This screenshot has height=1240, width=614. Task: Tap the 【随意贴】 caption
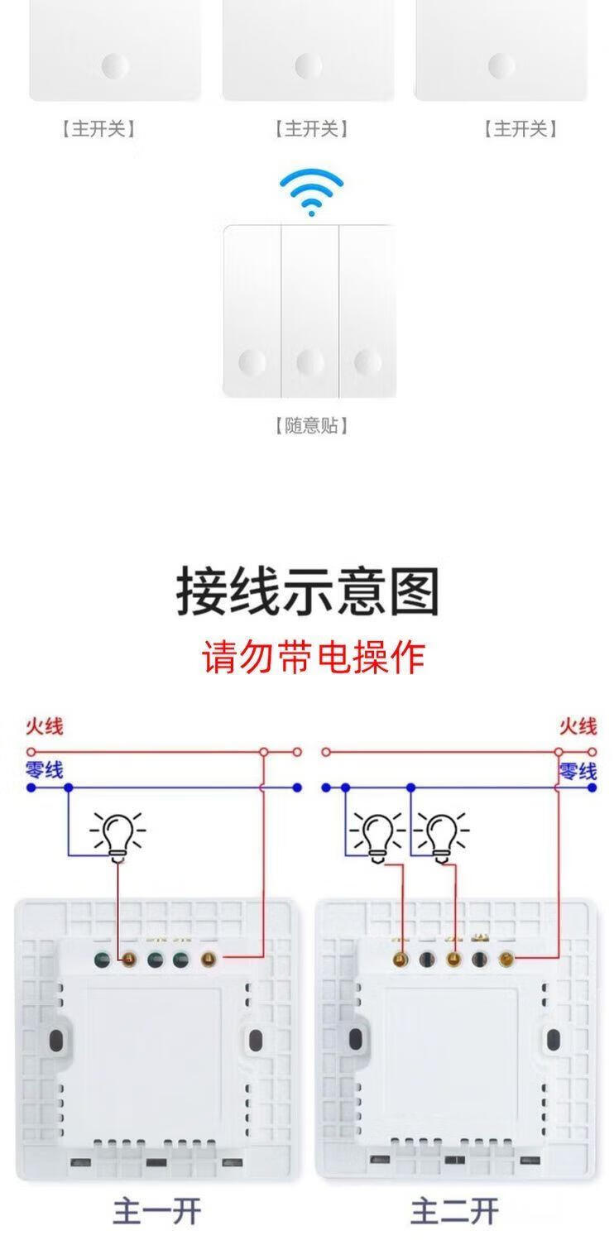[310, 425]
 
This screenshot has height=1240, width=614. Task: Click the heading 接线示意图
[307, 591]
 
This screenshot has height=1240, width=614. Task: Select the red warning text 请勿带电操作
[314, 657]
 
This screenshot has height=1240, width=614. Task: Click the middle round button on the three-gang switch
[309, 361]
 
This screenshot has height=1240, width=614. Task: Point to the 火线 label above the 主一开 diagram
[44, 726]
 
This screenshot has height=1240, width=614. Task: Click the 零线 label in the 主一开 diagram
[44, 769]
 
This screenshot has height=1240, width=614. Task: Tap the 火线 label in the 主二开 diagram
[577, 726]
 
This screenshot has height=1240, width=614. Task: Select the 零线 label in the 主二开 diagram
[577, 771]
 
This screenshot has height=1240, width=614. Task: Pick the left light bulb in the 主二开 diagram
[377, 834]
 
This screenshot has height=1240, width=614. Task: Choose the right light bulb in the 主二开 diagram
[441, 834]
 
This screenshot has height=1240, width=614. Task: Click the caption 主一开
[157, 1211]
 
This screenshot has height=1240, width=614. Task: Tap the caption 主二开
[454, 1211]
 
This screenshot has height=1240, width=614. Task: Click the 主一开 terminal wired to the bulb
[128, 960]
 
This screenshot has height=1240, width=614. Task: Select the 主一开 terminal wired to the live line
[208, 960]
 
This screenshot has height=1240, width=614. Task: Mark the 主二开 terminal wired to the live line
[506, 960]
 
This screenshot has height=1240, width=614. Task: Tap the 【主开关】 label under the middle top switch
[310, 128]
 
